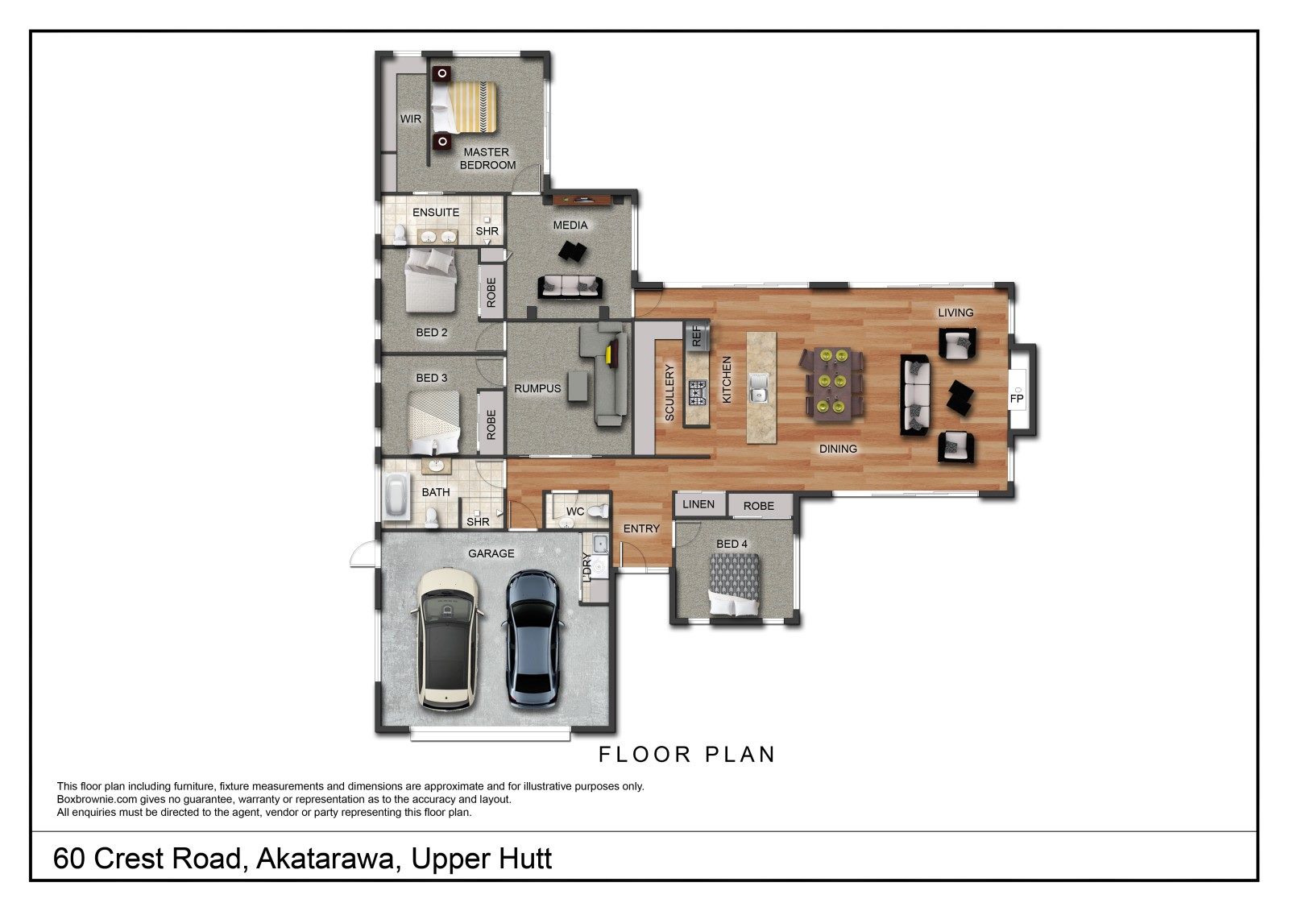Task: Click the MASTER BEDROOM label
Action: point(487,158)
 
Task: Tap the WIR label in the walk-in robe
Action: point(411,119)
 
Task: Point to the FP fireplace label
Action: point(1017,398)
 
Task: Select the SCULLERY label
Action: point(669,392)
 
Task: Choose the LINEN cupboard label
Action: point(698,504)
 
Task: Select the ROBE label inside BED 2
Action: point(491,292)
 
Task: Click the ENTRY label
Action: point(641,528)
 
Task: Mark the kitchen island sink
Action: point(758,394)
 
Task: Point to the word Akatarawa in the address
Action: point(327,859)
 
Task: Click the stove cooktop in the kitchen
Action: point(697,393)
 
